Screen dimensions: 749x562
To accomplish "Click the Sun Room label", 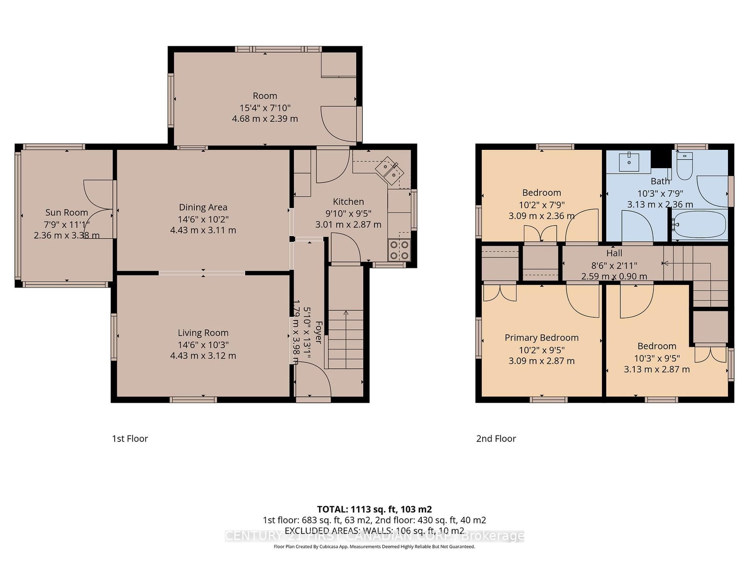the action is point(66,212).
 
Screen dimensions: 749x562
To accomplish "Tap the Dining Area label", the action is point(203,207).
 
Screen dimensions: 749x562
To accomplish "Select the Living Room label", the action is point(203,333).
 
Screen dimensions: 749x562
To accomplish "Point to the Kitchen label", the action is point(348,201).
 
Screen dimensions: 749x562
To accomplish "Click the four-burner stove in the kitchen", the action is point(399,250).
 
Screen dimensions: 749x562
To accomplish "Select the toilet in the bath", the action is point(684,166).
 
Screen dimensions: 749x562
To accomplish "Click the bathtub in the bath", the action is point(699,225).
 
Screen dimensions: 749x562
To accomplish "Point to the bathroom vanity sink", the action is point(629,162).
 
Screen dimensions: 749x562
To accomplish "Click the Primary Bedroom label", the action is point(542,338).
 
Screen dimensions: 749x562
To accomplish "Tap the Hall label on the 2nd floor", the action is point(614,253).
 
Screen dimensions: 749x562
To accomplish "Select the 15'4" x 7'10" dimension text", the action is point(265,108).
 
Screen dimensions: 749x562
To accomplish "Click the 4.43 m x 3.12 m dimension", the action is point(203,355).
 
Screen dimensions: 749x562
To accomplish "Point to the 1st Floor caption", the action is point(130,438).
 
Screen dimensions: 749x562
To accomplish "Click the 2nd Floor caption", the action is point(496,438).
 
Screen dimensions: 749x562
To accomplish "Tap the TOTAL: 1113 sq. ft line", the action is point(374,510).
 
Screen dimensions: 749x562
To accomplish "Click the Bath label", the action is point(660,181).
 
